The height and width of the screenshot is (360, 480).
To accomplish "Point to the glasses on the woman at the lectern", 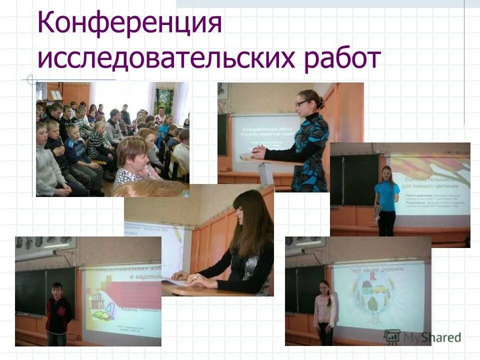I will tap(301, 103).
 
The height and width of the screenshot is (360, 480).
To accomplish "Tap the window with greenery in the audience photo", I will tap(164, 100).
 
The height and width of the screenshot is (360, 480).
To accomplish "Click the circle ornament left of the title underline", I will tap(31, 79).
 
